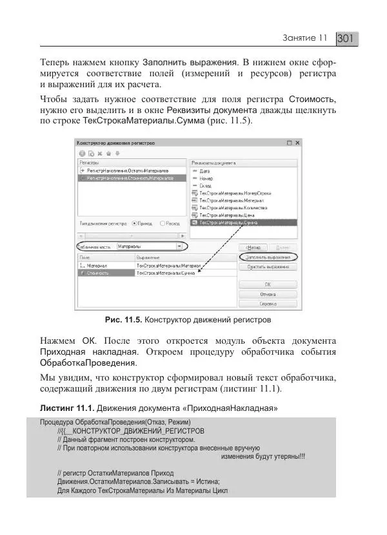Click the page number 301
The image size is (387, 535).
(x=346, y=39)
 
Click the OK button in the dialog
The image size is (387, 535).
(x=267, y=284)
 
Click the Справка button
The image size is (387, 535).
(x=267, y=302)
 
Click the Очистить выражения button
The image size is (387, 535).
(x=267, y=266)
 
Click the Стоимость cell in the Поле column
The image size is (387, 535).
(x=97, y=273)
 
